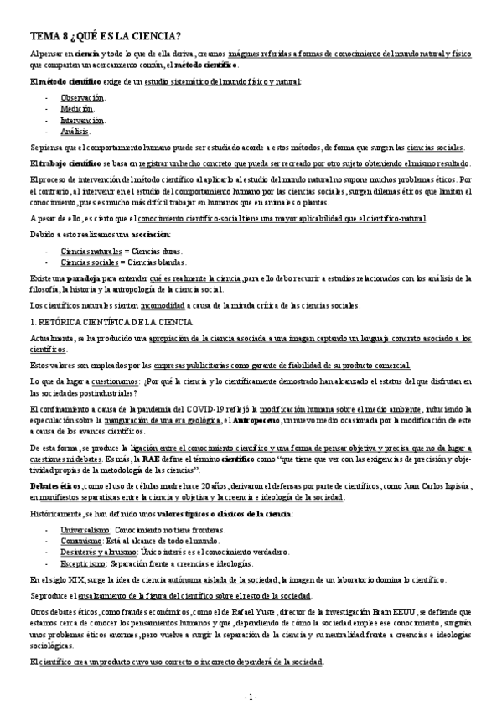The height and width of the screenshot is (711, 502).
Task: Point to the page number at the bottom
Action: point(251,698)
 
